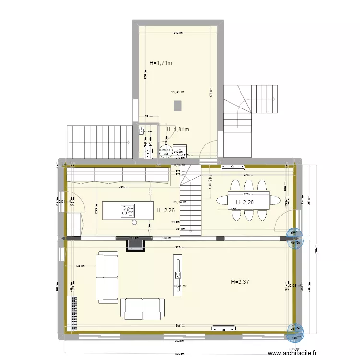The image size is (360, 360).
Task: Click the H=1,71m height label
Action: click(x=161, y=63)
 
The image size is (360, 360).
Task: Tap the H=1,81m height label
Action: click(x=178, y=129)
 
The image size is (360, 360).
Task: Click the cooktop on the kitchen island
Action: click(x=127, y=210)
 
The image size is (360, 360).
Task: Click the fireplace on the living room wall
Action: click(x=135, y=244)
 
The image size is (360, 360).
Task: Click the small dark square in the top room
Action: click(x=178, y=105)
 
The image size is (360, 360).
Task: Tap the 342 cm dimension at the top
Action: click(x=177, y=33)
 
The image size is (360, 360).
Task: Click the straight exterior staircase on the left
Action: click(x=99, y=142)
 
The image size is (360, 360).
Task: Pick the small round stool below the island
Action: click(x=135, y=223)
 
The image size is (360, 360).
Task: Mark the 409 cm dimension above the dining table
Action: click(x=248, y=175)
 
